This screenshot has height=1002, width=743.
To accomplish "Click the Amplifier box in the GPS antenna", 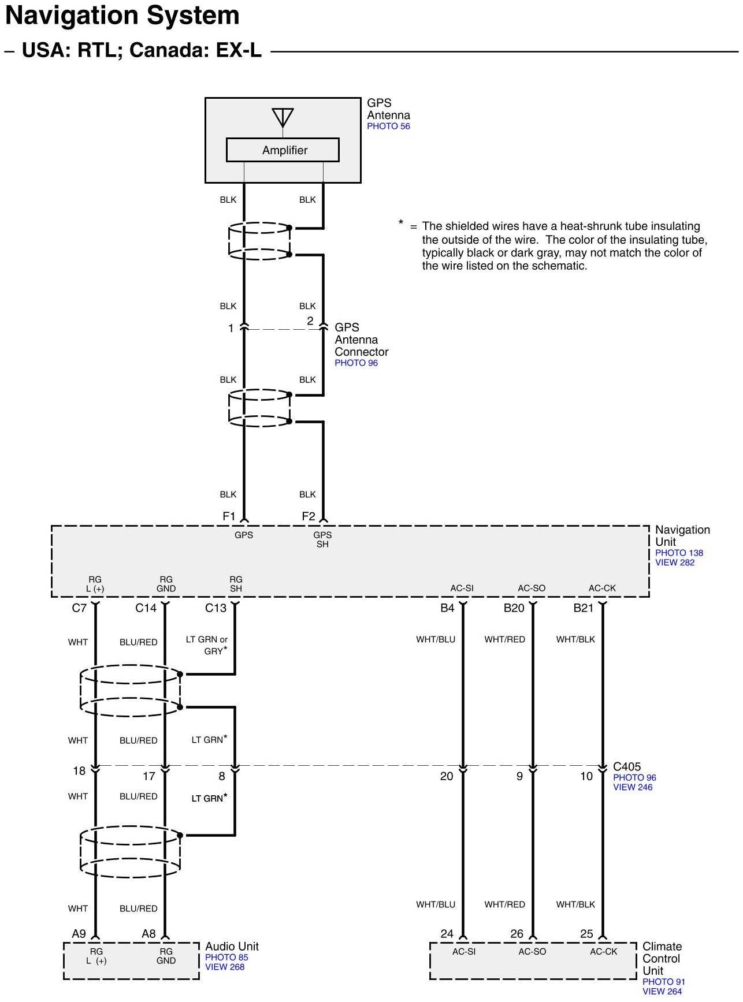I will click(x=283, y=150).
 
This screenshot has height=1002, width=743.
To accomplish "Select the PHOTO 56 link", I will click(x=388, y=126).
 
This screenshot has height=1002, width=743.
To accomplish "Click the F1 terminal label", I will click(x=229, y=516).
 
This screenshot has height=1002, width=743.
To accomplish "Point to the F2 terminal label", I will click(x=309, y=516).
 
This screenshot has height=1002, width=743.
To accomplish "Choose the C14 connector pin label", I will click(x=146, y=608).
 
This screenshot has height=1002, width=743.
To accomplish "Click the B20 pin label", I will click(x=514, y=608).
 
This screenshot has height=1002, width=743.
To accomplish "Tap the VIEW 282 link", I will click(x=674, y=563).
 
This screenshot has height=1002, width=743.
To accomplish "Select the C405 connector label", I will click(x=626, y=767).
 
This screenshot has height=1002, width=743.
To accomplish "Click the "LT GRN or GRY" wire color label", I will click(x=206, y=645).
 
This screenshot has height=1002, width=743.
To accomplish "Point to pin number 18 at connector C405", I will click(x=79, y=771).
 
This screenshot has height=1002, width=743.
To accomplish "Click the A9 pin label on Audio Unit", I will click(x=79, y=933).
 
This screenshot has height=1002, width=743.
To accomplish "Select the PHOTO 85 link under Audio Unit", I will click(x=226, y=958).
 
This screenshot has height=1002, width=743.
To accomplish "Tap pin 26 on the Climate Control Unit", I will click(x=517, y=934).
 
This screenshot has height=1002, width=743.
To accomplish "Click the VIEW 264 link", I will click(x=662, y=992).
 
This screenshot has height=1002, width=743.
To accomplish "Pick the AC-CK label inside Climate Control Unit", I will click(x=603, y=952).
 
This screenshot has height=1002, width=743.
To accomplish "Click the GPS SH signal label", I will click(x=322, y=539).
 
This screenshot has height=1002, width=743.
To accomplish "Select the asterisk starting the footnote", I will click(x=401, y=223).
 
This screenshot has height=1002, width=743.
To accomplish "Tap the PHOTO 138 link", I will click(x=679, y=553).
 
